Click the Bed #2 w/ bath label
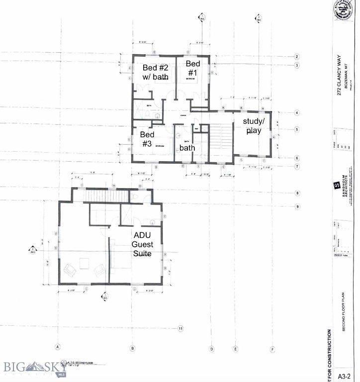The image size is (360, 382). coord(156,72)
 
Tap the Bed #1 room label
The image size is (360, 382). coord(193,69)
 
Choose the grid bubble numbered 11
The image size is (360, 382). coord(181,328)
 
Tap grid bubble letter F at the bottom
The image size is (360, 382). coord(272,348)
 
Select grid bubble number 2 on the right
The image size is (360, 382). coord(296,57)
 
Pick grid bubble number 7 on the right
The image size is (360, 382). coord(296,167)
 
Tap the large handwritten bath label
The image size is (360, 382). coord(187,148)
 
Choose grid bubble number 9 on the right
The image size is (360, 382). coord(296,206)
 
